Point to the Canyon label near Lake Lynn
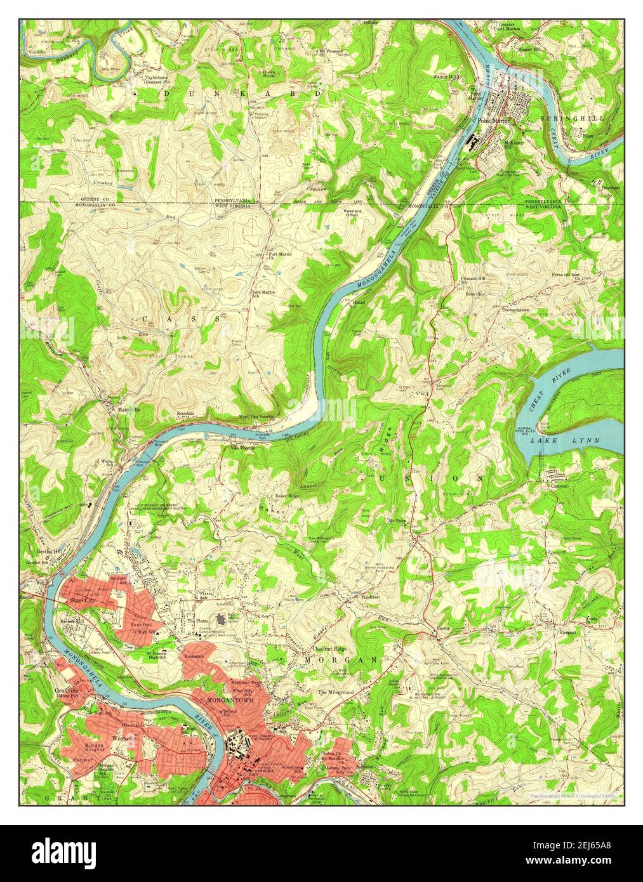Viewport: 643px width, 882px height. click(x=559, y=486)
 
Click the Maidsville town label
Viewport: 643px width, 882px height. click(x=128, y=409)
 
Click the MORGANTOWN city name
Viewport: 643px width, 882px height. click(x=230, y=699)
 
